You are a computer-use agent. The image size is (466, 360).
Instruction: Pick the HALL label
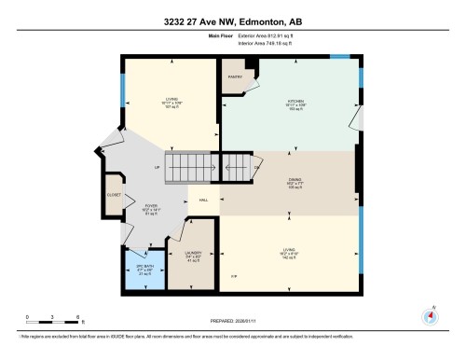[x=204, y=200]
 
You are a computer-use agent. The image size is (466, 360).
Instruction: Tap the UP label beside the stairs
[x=158, y=167]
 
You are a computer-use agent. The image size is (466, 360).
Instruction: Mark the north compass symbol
[x=430, y=316]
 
